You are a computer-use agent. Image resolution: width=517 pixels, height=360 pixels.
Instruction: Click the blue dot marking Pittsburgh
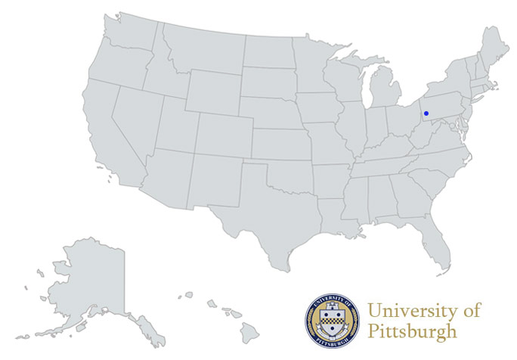426,113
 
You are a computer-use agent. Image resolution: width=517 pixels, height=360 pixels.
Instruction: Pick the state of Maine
495,49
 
